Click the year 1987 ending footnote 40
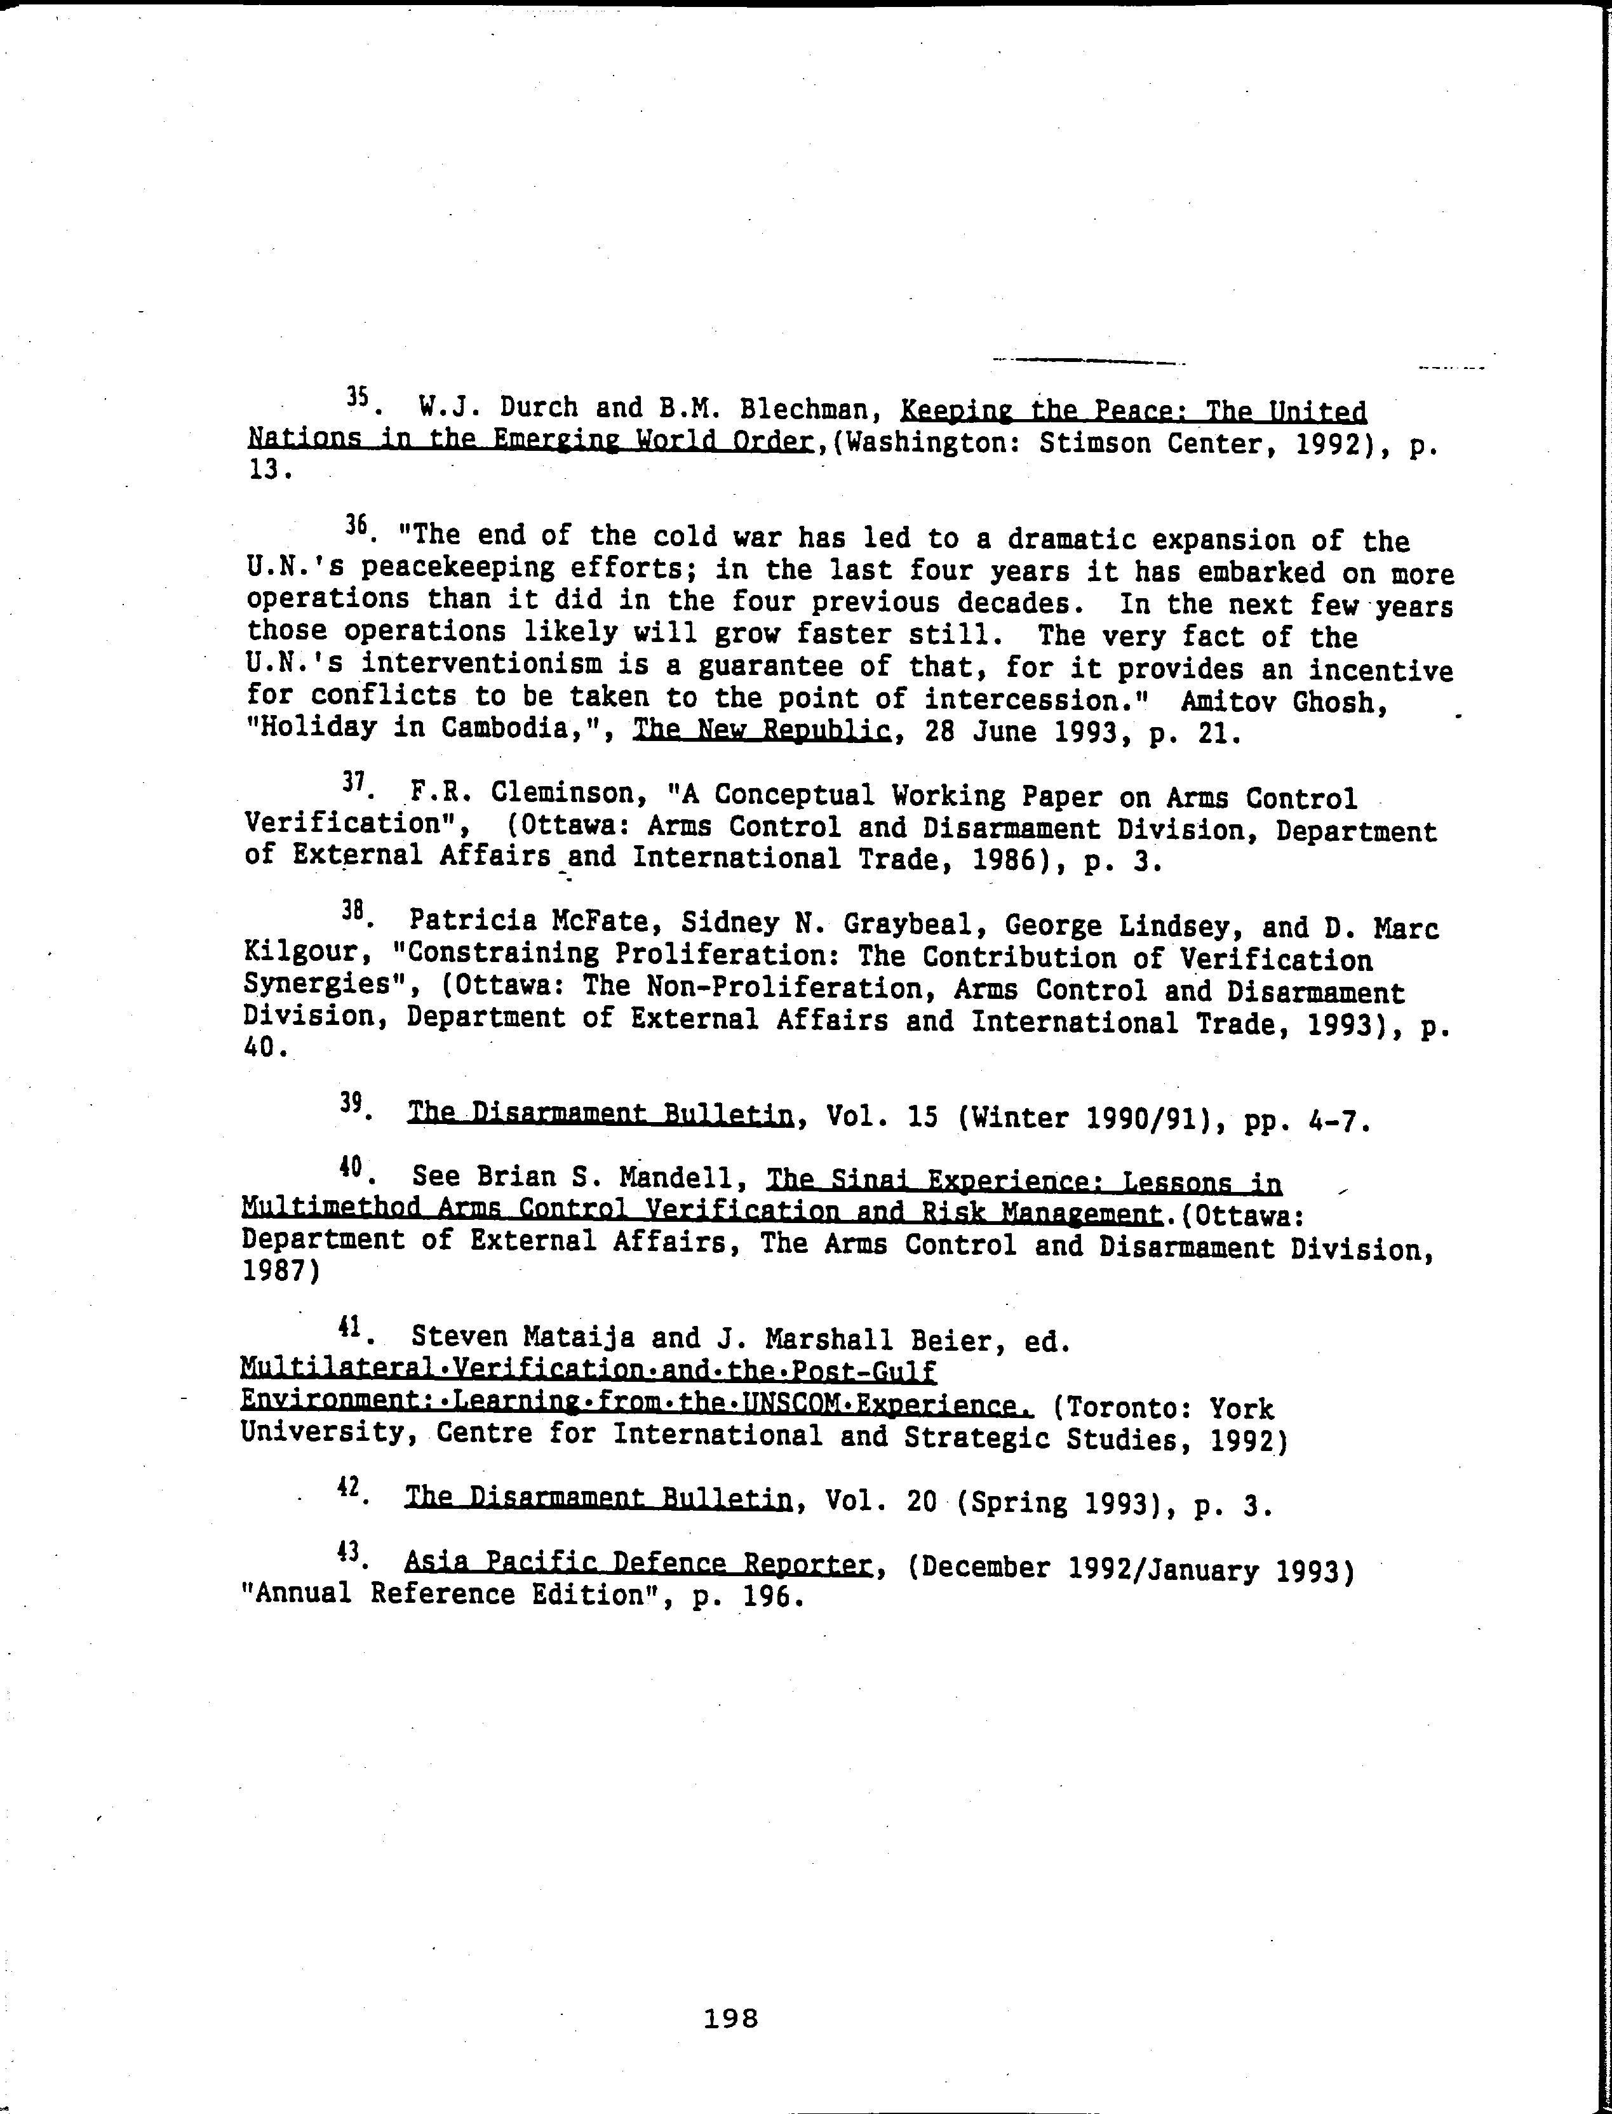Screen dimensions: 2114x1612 [272, 1271]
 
